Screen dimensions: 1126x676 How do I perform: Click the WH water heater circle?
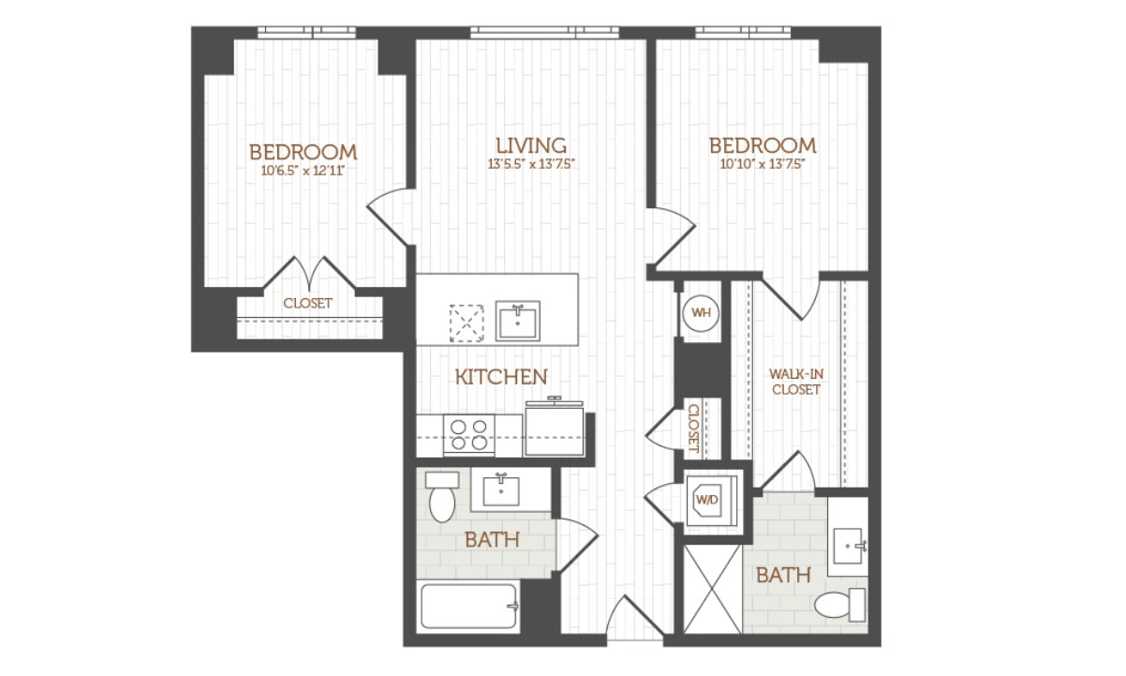[701, 313]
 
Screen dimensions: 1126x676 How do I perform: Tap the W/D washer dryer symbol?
[711, 499]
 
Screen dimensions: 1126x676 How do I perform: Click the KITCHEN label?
[501, 377]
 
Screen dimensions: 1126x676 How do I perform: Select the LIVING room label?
[531, 145]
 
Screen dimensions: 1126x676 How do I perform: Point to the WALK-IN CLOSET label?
[796, 382]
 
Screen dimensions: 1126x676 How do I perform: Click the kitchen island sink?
[518, 321]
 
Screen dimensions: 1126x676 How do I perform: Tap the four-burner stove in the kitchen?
[469, 436]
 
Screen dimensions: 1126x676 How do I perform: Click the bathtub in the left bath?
[468, 605]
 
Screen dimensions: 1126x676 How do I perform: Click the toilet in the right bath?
[840, 605]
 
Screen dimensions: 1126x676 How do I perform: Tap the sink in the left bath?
[501, 490]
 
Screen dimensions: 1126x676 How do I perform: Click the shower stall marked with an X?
[713, 589]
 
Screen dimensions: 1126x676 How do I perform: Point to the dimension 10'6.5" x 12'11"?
[303, 171]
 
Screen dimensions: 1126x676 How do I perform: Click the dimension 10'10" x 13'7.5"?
[760, 164]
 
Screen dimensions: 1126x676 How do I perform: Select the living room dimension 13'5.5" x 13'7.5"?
[531, 164]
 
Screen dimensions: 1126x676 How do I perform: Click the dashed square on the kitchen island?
[467, 323]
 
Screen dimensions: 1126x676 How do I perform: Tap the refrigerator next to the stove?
[555, 428]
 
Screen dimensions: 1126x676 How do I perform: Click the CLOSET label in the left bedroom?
[307, 303]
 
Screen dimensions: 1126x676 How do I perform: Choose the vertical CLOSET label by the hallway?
[693, 428]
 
